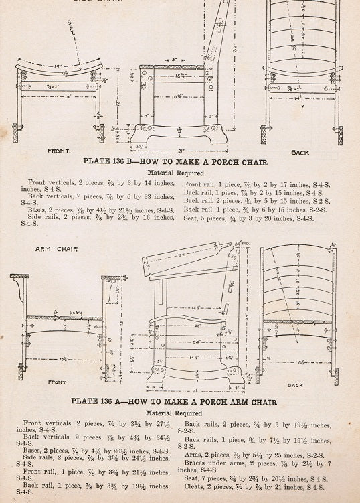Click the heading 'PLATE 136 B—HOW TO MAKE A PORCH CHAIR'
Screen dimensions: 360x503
coord(175,162)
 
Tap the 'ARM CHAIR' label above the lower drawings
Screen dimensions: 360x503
coord(48,249)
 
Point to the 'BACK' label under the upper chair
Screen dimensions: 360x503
coord(300,153)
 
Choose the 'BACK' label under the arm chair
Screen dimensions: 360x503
coord(295,385)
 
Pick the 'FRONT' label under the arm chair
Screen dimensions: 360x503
coord(57,382)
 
